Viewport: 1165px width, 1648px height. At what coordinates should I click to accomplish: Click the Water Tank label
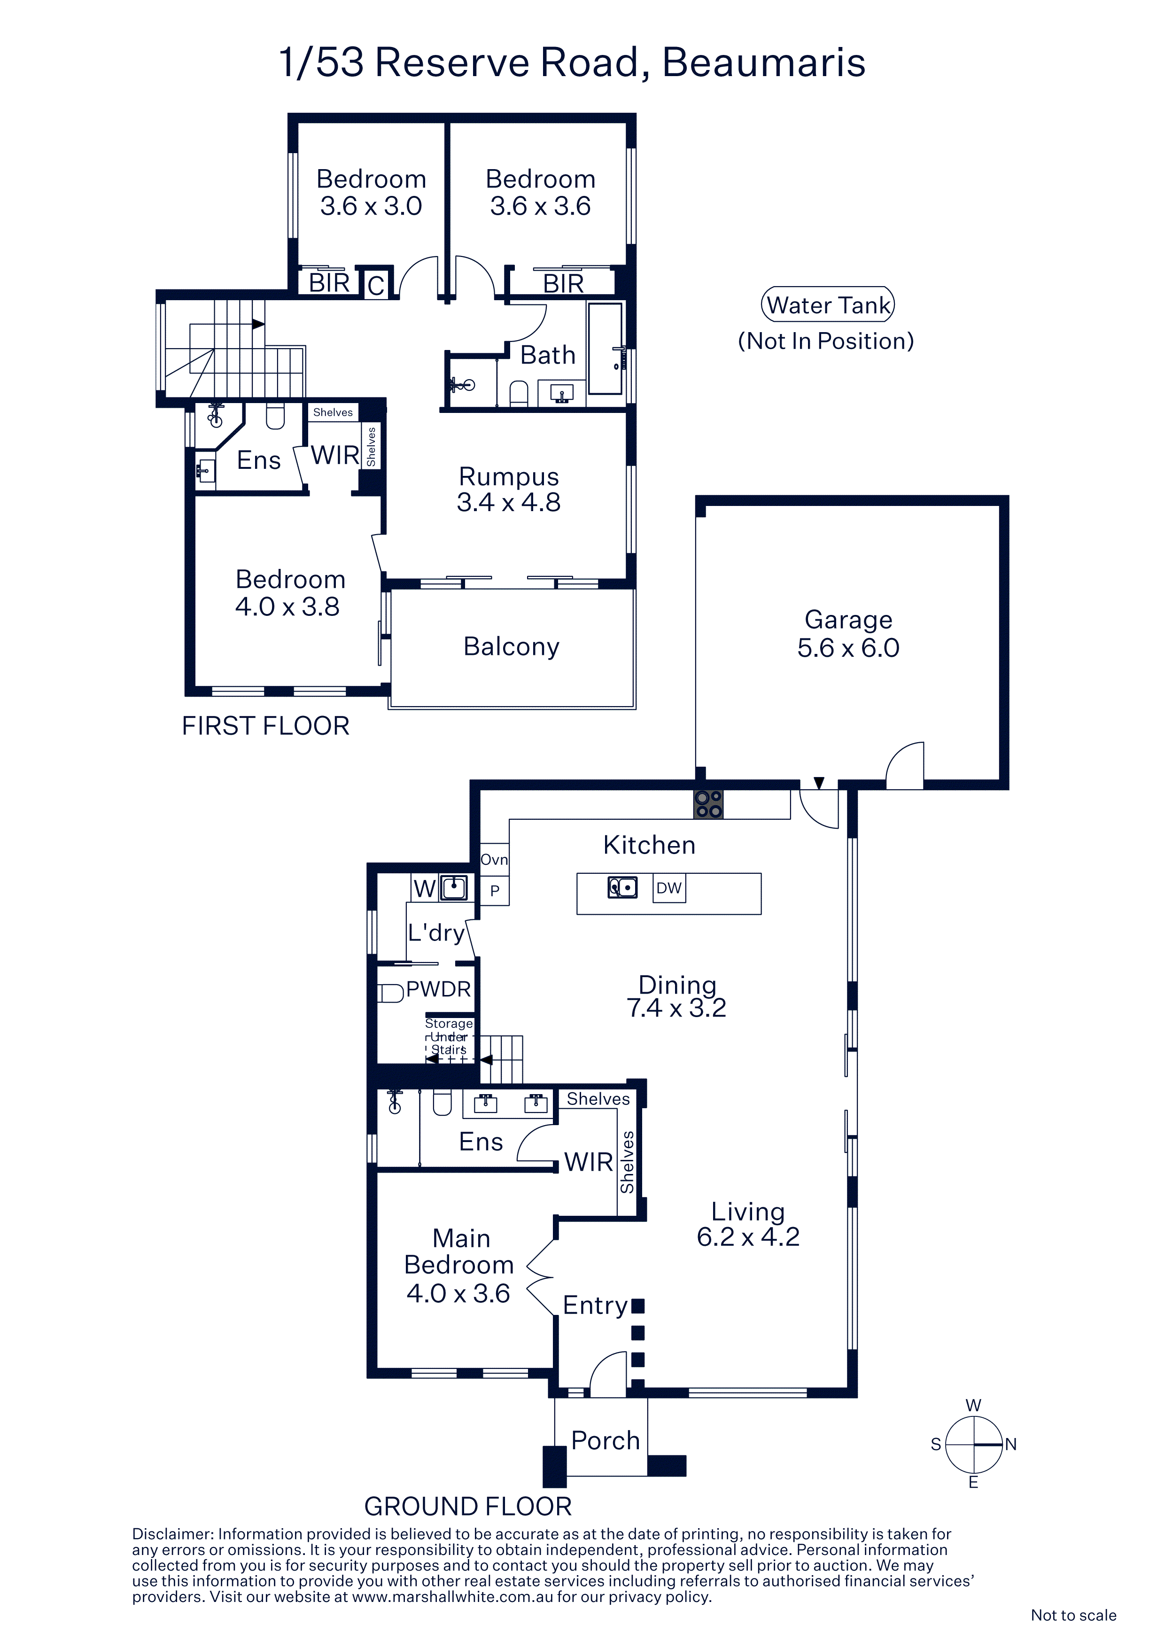(x=828, y=305)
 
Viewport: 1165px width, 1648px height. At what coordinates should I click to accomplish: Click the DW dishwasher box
(x=669, y=888)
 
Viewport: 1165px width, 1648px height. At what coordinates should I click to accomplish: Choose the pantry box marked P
(x=495, y=891)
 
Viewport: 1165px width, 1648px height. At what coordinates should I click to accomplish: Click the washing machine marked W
(x=424, y=889)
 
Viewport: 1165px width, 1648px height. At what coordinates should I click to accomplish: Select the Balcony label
(x=511, y=647)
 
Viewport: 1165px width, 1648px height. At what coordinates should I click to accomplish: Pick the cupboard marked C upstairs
(x=376, y=285)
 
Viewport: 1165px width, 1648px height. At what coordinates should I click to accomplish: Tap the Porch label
(x=605, y=1440)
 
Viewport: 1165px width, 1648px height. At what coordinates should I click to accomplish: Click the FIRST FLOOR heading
(x=265, y=726)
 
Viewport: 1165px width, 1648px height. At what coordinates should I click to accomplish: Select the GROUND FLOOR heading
(x=468, y=1507)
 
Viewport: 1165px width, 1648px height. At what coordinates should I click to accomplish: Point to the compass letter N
(x=1010, y=1444)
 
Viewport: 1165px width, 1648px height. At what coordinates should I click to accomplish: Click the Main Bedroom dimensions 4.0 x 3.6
(x=458, y=1293)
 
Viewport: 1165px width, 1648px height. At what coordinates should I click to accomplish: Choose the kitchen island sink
(x=622, y=888)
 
